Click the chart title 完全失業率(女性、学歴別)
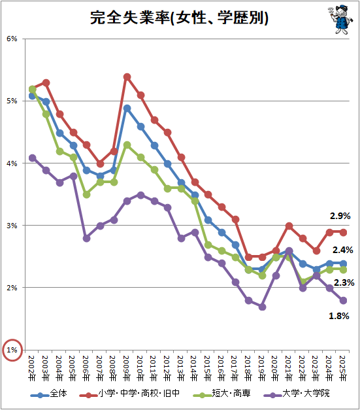point(179,18)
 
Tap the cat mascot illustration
point(340,19)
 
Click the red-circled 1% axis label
point(12,350)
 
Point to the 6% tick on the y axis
point(12,39)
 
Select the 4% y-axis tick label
point(12,163)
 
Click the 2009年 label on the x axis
point(127,368)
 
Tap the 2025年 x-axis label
point(342,368)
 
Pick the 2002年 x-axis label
point(32,368)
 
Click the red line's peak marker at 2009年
point(127,77)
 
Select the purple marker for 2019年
point(262,307)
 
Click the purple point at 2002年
point(33,158)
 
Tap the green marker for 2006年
point(86,195)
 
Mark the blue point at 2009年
point(127,109)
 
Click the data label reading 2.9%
point(340,216)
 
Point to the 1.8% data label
point(339,316)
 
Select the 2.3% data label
point(344,282)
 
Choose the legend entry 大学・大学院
point(297,394)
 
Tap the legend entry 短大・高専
point(221,394)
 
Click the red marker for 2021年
point(289,226)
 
